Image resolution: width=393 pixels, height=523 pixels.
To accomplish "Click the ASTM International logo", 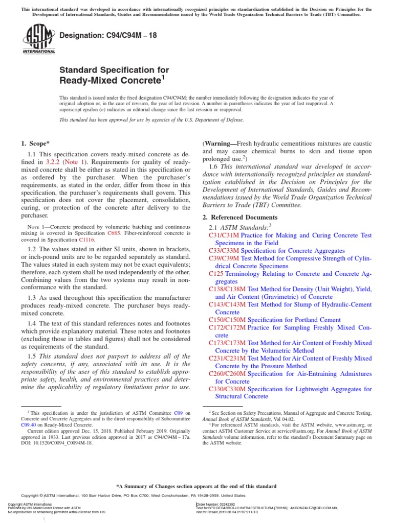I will (x=39, y=39).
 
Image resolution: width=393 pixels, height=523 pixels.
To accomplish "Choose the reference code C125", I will (x=216, y=274).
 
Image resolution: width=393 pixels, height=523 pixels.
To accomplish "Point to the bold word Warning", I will (x=220, y=144).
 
